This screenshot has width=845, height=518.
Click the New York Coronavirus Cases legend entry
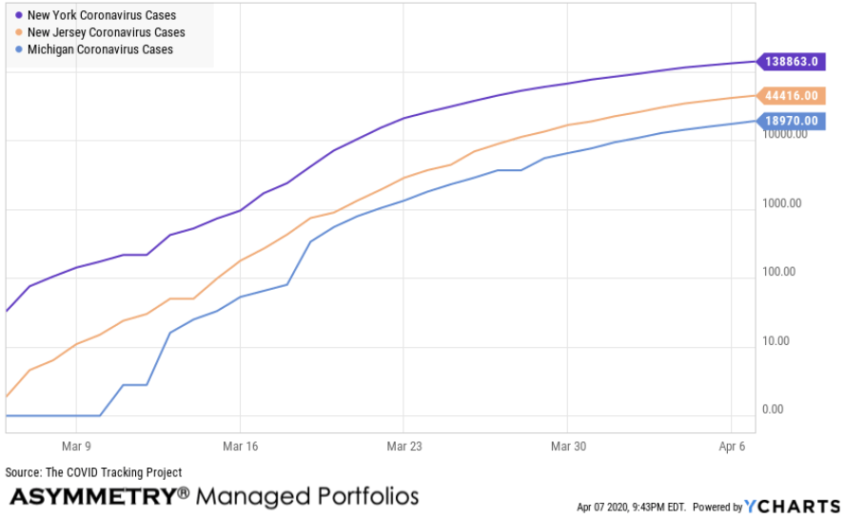tap(102, 16)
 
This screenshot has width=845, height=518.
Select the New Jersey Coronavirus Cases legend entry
tap(106, 32)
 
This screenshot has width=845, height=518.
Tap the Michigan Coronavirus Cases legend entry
tap(100, 48)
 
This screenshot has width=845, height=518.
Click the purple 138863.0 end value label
tap(791, 61)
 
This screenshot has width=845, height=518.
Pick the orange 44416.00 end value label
tap(791, 95)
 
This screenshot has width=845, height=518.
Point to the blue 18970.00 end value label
tap(791, 121)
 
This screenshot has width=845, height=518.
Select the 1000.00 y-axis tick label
tap(783, 203)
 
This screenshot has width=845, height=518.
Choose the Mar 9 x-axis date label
tap(75, 445)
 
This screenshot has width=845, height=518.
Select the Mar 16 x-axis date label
tap(240, 445)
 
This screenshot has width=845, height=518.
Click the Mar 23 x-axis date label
tap(403, 445)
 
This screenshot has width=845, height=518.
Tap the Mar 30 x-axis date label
tap(567, 445)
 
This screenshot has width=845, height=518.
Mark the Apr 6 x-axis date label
tap(731, 445)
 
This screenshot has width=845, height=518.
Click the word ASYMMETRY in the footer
tap(92, 496)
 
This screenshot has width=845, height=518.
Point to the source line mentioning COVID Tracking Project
tap(93, 472)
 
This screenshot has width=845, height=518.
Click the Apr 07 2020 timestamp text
tap(631, 507)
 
